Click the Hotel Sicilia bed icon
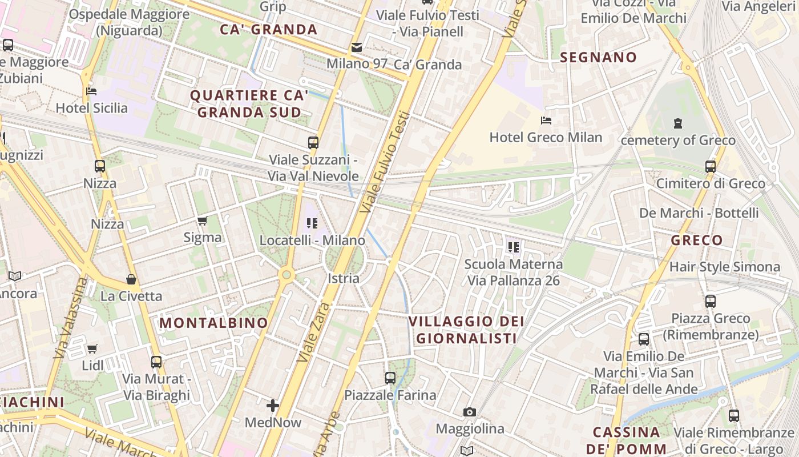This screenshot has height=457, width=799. (91, 91)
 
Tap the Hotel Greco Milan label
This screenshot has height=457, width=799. (546, 137)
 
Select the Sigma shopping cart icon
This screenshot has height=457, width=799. (203, 221)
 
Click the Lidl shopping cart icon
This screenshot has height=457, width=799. (92, 348)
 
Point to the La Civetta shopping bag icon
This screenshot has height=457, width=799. (131, 279)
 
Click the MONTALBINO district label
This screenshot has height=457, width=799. (213, 323)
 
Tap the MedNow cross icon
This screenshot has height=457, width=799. (273, 406)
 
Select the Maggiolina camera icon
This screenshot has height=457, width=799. (470, 412)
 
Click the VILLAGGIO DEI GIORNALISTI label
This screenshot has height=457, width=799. (466, 330)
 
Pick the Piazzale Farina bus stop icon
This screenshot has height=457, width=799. (390, 378)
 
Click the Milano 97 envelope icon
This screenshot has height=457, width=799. (357, 47)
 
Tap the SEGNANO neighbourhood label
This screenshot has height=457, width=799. (598, 57)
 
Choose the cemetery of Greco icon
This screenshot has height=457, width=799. (678, 123)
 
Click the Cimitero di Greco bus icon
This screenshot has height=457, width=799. (711, 167)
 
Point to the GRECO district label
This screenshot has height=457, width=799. (697, 240)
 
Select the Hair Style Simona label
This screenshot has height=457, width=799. (724, 267)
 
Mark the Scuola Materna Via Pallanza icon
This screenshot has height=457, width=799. (514, 247)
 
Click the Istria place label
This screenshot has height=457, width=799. (344, 278)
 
